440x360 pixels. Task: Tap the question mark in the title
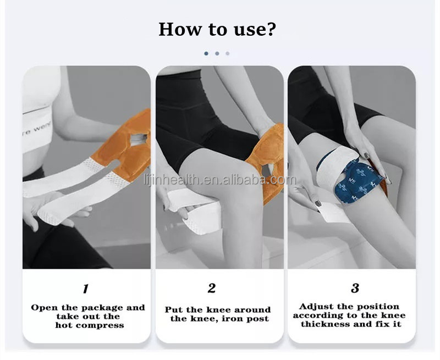tap(271, 29)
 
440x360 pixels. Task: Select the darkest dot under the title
tap(206, 54)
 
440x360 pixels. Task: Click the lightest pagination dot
tap(228, 54)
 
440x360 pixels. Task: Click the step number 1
tap(85, 287)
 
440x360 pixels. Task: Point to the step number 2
tap(212, 287)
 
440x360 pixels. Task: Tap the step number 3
tap(355, 287)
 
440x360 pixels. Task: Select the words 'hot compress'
tap(89, 325)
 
